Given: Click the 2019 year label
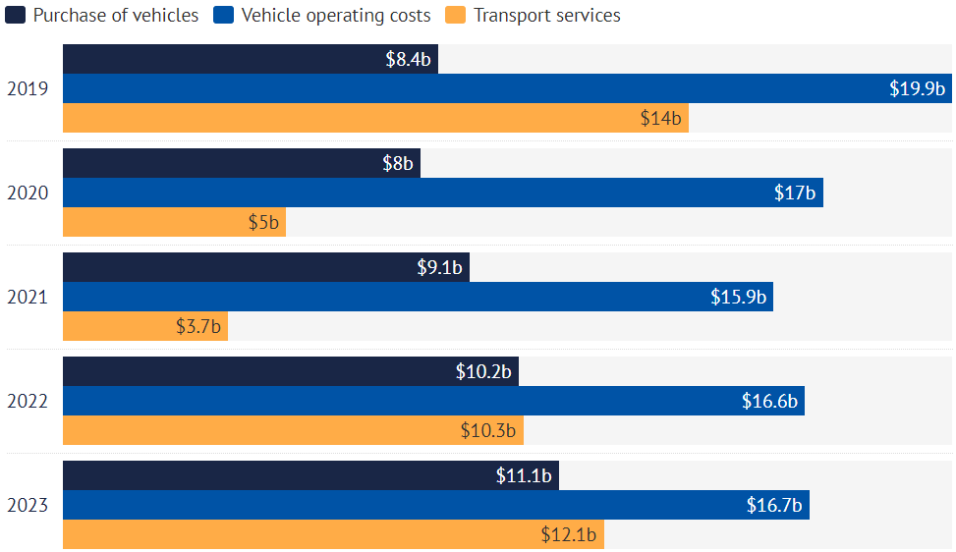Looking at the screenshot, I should click(28, 88).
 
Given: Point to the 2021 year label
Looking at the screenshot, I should click(28, 297).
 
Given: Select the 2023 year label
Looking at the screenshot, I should click(28, 506).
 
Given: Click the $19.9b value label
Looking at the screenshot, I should click(917, 88).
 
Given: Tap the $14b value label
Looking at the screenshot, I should click(661, 118).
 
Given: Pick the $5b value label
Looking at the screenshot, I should click(263, 222).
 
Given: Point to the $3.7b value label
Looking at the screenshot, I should click(198, 326).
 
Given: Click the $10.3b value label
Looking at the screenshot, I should click(488, 430).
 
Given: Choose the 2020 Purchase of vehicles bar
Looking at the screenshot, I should click(241, 163).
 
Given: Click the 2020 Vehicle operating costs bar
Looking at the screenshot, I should click(442, 193).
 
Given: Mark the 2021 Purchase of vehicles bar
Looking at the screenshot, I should click(265, 267).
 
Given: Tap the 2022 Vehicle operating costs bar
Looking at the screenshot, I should click(433, 401).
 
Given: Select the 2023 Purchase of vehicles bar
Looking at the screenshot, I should click(310, 475).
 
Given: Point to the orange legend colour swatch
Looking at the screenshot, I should click(454, 15).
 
